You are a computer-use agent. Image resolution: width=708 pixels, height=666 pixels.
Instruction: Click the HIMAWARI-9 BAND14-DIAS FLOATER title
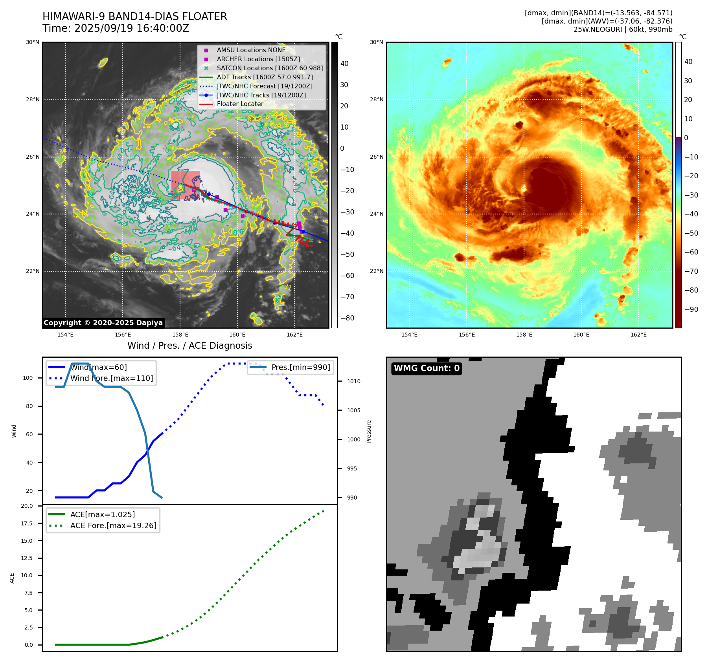tap(134, 16)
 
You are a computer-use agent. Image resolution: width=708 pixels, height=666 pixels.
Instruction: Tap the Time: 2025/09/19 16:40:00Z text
tap(116, 28)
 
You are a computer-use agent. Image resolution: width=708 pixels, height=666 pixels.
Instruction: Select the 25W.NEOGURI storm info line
tap(623, 29)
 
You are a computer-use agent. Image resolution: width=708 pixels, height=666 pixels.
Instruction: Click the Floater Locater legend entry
tap(240, 104)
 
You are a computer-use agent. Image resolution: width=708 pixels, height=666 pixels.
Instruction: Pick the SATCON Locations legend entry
tap(270, 68)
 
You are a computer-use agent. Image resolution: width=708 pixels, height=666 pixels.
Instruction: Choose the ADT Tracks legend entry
tap(265, 77)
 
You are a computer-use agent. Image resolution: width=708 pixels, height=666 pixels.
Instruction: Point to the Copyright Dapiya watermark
tap(103, 323)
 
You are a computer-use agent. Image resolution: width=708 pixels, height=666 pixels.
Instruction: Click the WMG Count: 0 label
tap(427, 368)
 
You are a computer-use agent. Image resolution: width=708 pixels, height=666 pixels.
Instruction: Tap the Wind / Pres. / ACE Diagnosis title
tap(189, 346)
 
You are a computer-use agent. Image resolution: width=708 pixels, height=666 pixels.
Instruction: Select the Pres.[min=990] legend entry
tap(301, 367)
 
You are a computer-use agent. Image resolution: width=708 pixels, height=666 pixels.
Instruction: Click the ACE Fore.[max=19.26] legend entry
tap(113, 525)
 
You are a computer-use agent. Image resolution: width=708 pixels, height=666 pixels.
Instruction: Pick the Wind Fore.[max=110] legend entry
tap(112, 378)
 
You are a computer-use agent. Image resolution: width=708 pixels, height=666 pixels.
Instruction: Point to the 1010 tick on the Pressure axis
tap(353, 381)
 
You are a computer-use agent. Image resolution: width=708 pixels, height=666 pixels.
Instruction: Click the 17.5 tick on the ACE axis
tap(27, 523)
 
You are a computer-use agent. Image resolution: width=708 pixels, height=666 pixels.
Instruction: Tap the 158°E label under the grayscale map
tap(180, 335)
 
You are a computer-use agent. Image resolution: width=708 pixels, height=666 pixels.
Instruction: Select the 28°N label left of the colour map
tap(376, 99)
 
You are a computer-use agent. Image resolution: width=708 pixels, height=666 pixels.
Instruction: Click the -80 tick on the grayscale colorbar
tap(347, 318)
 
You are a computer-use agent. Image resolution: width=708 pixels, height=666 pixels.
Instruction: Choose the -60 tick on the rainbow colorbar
tap(691, 252)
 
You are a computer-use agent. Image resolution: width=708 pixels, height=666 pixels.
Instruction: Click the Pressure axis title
tap(369, 431)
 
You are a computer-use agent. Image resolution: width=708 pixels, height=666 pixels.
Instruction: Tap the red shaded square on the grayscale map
tap(185, 185)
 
